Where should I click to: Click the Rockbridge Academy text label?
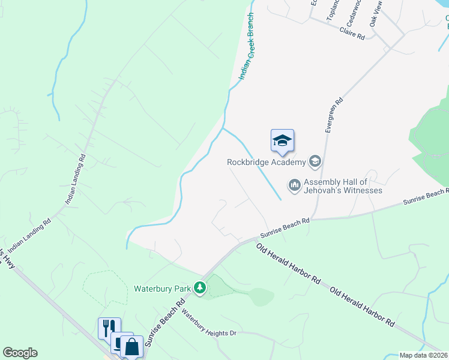266,161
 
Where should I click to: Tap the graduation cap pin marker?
282,142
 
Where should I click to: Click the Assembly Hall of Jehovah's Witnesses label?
343,186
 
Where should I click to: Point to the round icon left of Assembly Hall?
294,185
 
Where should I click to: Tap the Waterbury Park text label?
161,289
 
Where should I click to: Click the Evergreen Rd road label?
333,115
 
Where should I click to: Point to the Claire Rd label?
352,34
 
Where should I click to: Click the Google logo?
20,353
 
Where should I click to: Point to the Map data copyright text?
424,355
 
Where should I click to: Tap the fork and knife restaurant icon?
109,328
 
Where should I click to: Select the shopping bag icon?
131,346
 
